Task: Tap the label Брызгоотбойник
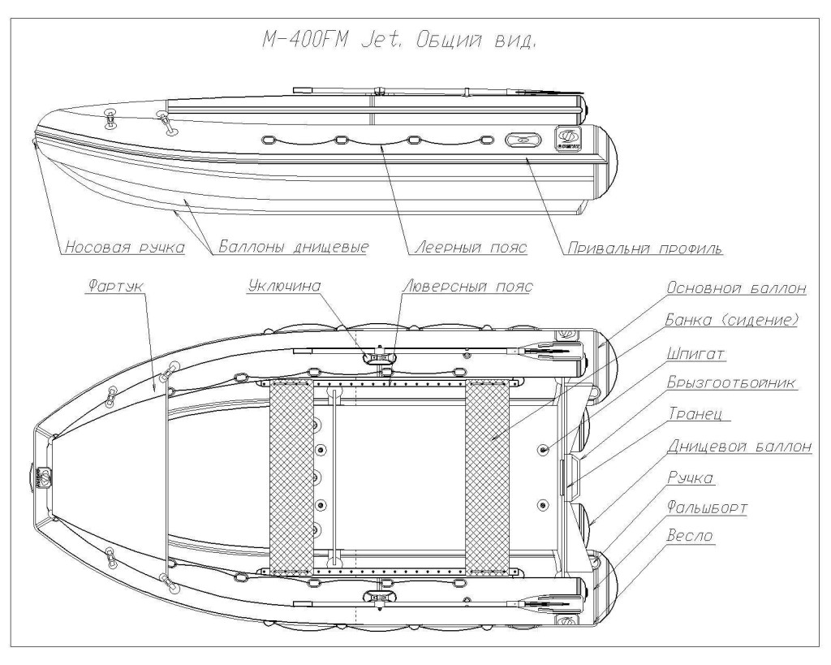[724, 382]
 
